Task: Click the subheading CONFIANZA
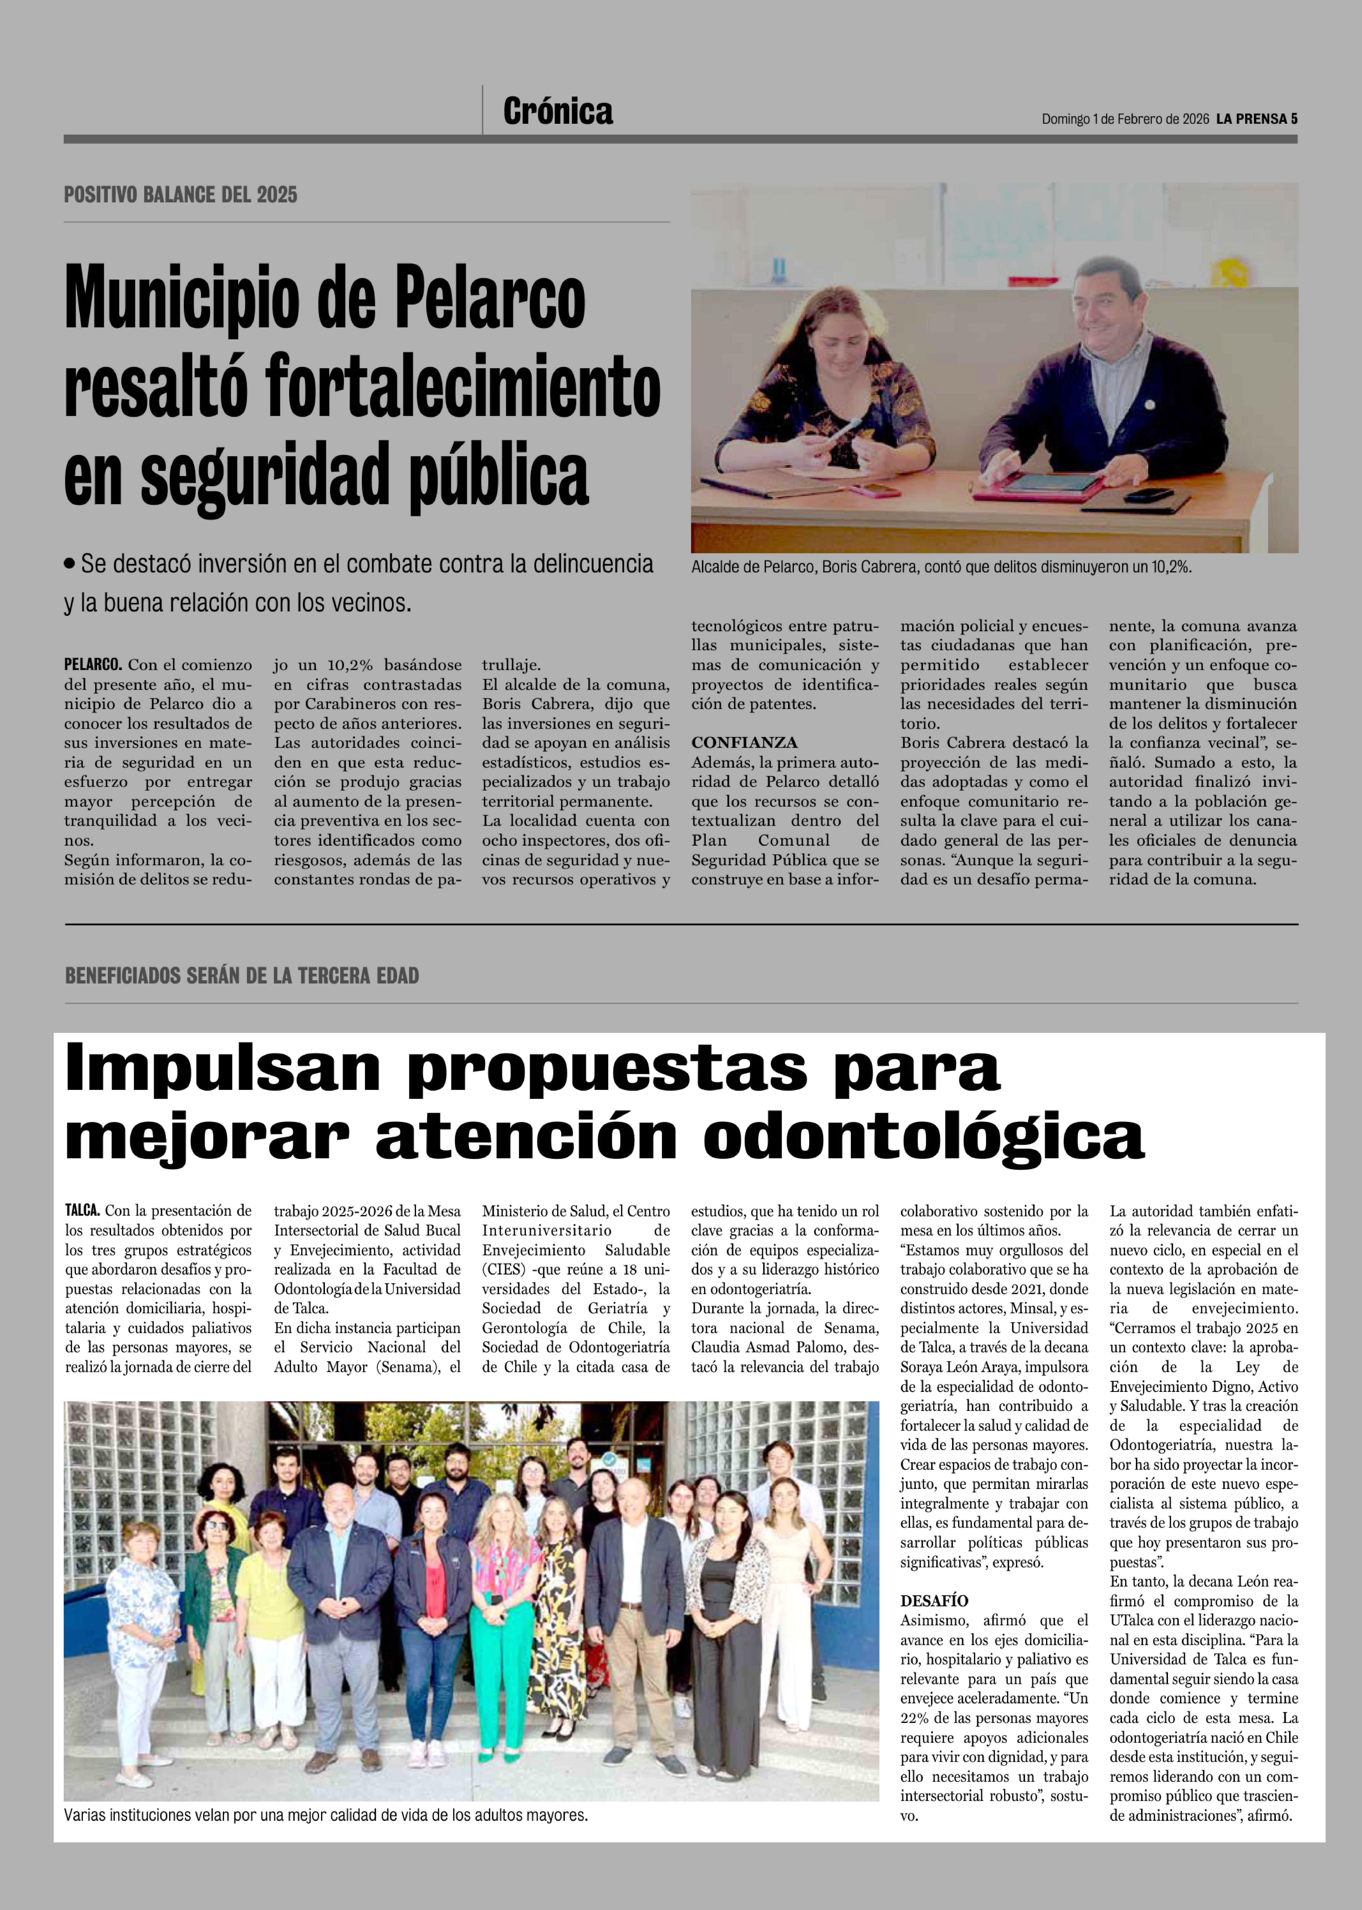click(x=744, y=743)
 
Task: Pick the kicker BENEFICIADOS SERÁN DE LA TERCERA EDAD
click(x=242, y=976)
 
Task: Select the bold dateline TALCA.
click(x=82, y=1211)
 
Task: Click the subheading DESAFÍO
click(x=934, y=1601)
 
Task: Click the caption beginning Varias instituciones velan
click(x=325, y=1815)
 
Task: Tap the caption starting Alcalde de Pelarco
click(x=941, y=568)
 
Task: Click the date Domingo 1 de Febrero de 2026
click(x=1125, y=119)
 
